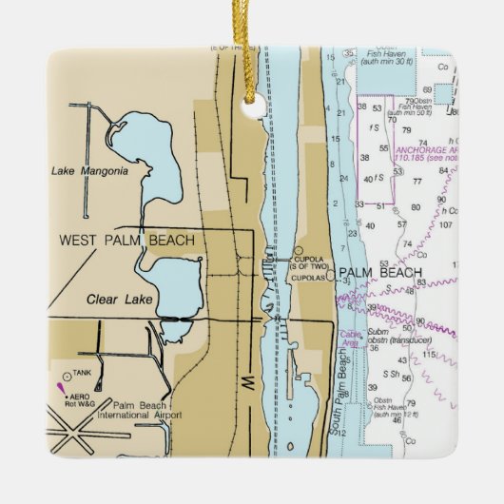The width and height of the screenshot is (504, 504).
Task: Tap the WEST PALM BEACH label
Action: (x=126, y=241)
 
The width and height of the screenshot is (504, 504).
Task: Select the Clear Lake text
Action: (x=115, y=300)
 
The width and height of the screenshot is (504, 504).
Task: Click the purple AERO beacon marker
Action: (x=61, y=387)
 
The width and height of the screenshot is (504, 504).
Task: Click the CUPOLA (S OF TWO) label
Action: (x=310, y=258)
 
